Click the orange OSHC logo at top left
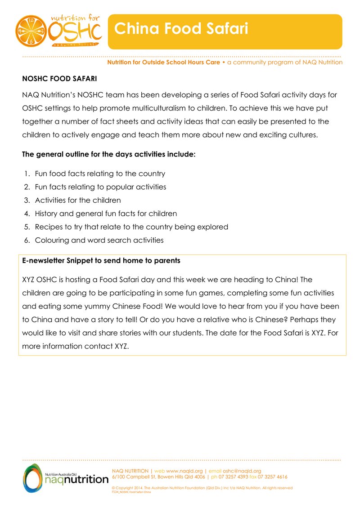58,31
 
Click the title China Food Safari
181,29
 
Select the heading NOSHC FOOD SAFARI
59,79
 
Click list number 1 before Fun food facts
27,174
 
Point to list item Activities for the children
78,200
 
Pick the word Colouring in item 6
52,240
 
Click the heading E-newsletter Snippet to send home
101,261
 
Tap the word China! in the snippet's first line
286,280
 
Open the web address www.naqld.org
184,471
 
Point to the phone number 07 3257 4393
234,477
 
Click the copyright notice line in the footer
202,488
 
